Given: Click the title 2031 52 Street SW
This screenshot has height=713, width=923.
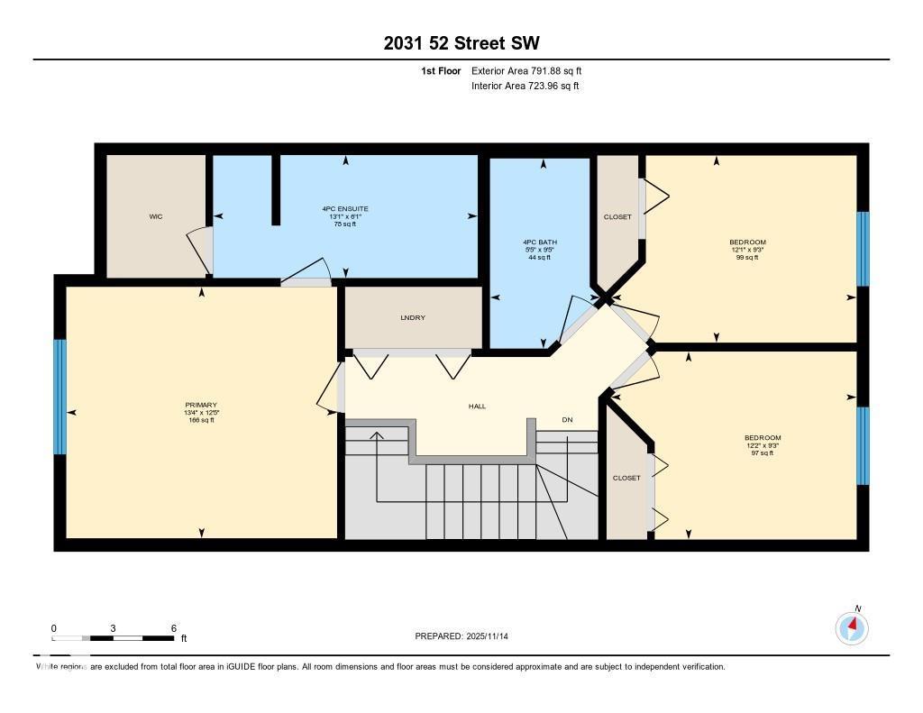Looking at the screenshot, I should tap(461, 43).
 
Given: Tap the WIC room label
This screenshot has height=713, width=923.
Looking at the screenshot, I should tap(155, 216).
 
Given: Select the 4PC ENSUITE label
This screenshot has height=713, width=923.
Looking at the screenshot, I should tap(345, 208).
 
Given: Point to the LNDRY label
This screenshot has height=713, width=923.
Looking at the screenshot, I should tap(413, 317).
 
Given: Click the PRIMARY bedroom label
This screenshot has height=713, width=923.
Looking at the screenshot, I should tap(200, 405).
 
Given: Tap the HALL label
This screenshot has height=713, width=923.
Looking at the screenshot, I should tap(477, 407).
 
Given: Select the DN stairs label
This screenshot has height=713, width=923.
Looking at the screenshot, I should tap(567, 420).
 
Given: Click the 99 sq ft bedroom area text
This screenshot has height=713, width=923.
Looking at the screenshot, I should tap(747, 258).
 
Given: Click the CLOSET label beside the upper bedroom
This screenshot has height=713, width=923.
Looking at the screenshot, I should tap(617, 217).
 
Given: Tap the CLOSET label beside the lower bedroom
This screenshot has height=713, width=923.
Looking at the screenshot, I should tap(626, 478).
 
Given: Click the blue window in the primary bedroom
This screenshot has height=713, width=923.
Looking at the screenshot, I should tap(60, 397).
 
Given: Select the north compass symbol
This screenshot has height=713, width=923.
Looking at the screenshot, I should tap(852, 626).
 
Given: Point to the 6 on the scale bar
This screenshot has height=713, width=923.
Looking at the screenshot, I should tap(173, 628).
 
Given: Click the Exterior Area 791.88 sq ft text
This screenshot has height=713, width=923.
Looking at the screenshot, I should tap(533, 70).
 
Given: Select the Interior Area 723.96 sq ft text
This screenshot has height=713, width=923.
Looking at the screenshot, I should tap(525, 86).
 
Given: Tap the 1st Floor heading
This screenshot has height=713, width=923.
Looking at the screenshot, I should tap(441, 70).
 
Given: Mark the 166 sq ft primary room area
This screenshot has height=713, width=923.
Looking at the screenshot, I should tap(200, 420).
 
